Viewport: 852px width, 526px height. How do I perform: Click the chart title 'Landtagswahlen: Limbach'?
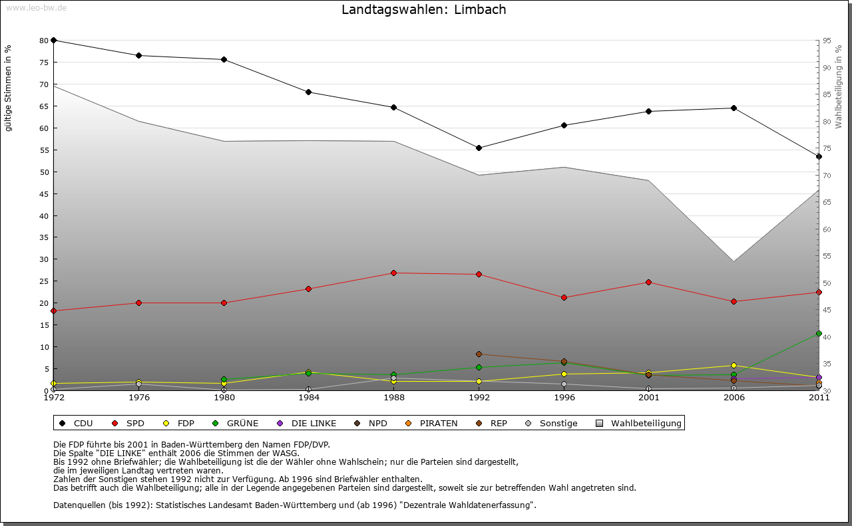coord(423,10)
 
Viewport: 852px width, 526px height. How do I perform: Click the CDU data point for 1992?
coord(479,148)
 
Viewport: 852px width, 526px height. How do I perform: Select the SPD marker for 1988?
coord(394,273)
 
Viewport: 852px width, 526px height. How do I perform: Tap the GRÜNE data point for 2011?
coord(819,334)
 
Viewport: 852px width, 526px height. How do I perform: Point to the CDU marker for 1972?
coord(54,40)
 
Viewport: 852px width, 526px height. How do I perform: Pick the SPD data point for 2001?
coord(649,283)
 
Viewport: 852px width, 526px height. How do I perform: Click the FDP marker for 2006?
coord(734,365)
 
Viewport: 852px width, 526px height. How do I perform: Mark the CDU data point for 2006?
coord(734,108)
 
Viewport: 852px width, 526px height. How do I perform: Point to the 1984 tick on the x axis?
coord(309,398)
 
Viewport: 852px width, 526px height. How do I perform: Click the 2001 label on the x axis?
coord(649,398)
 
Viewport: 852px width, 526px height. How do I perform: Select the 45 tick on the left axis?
coord(44,194)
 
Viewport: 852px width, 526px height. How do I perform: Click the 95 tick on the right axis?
coord(827,41)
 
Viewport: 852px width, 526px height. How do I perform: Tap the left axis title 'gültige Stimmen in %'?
coord(9,88)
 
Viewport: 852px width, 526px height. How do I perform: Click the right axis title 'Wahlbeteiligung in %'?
coord(839,86)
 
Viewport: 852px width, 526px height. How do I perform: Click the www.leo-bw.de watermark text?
coord(36,7)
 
